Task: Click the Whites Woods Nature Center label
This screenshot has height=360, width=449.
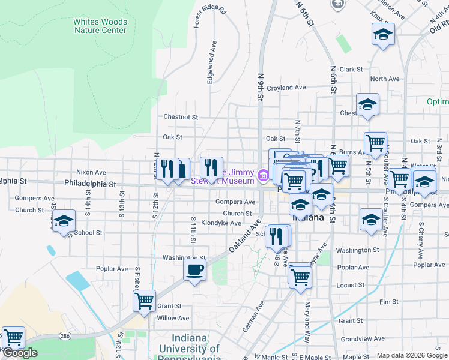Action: click(x=100, y=26)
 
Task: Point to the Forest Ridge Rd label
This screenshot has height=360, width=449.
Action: click(x=209, y=18)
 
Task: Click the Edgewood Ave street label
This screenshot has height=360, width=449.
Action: click(x=211, y=62)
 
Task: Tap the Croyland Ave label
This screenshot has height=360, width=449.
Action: click(x=286, y=88)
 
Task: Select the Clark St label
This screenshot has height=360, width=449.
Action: click(x=351, y=70)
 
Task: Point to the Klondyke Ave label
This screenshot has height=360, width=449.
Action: click(x=220, y=223)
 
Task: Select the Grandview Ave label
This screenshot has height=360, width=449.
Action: click(x=363, y=339)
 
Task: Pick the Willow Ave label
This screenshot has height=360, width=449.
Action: click(x=173, y=319)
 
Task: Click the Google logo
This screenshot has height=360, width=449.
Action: click(x=19, y=353)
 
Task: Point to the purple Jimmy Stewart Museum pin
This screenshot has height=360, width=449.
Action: click(x=263, y=176)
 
